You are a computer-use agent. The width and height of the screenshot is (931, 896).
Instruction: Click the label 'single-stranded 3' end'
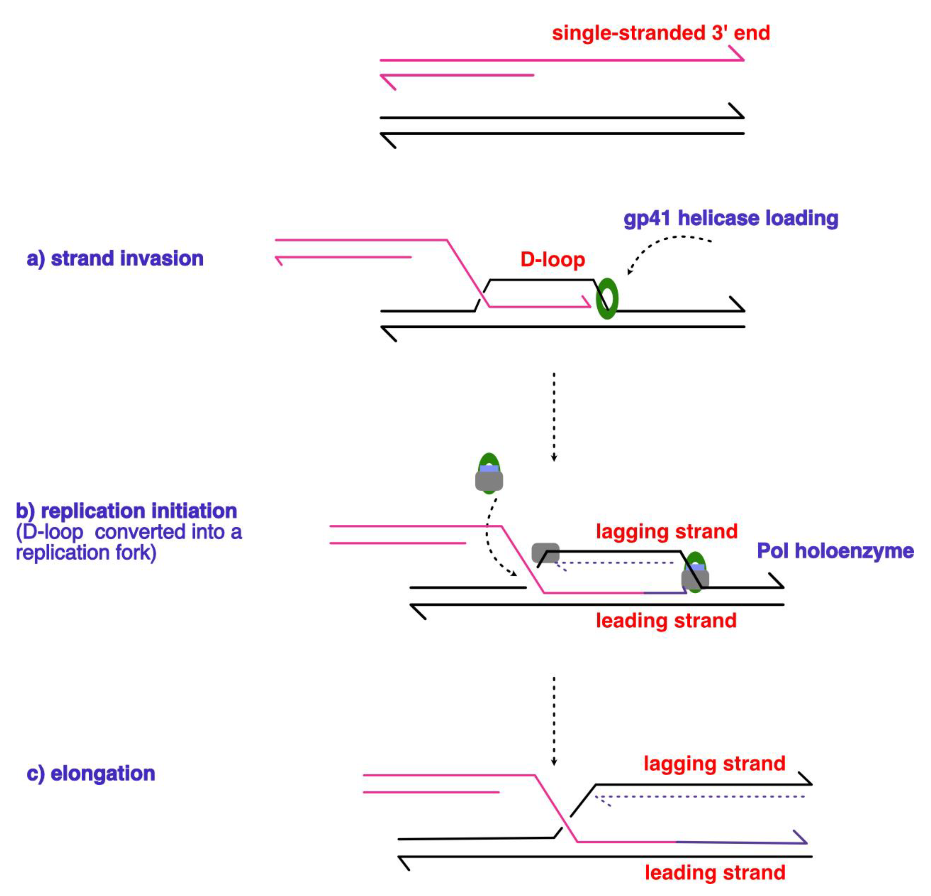pos(660,33)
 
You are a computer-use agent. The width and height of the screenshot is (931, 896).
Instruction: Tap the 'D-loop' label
pos(552,260)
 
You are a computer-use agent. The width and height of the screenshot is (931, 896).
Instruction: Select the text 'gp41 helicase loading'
pos(730,218)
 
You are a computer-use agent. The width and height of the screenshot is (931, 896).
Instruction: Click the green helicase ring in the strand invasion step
pos(607,298)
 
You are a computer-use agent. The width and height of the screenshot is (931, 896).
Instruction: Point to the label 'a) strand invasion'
pos(115,259)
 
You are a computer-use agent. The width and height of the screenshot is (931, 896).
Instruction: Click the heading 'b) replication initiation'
pos(126,511)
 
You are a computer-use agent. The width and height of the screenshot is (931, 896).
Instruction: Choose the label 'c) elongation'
pos(91,773)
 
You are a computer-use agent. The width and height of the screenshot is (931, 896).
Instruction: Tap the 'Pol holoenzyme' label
pos(835,551)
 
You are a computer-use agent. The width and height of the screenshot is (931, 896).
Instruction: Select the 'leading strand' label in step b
pos(666,620)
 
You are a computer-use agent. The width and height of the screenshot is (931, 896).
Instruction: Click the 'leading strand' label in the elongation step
pos(715,873)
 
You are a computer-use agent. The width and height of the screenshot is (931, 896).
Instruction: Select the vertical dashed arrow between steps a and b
pos(554,417)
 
